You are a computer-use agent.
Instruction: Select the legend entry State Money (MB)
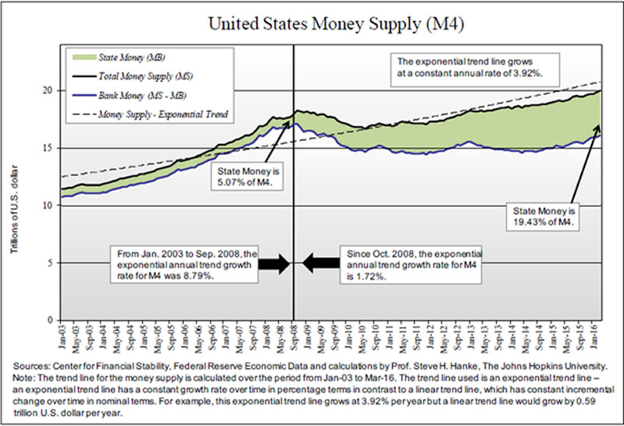tap(131, 58)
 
